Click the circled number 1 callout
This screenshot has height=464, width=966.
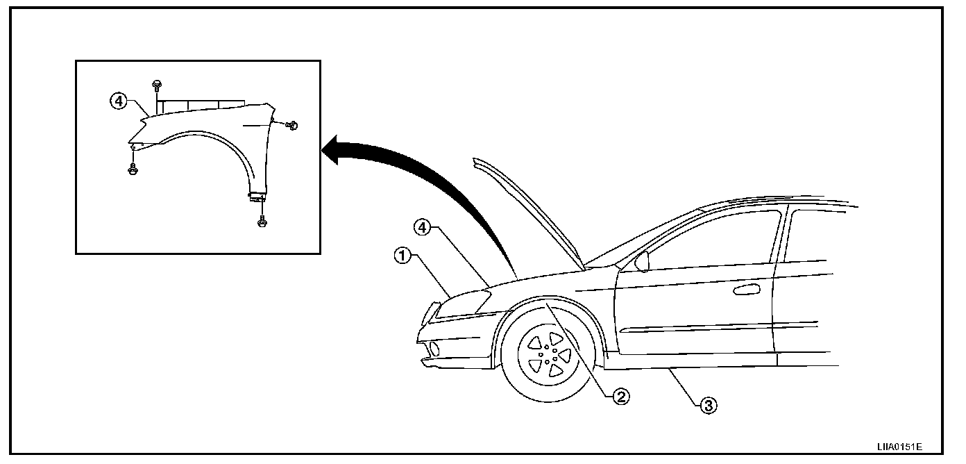401,256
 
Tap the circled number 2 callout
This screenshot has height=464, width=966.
620,397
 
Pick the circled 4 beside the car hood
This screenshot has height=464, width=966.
423,226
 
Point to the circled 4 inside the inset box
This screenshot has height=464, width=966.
118,101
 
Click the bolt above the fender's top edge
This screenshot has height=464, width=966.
157,85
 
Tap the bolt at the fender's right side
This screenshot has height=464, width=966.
292,126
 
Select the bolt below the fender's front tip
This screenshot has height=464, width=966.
133,168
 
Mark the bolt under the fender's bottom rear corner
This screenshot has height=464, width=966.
262,221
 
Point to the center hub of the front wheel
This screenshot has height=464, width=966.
548,351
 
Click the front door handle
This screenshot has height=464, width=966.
745,289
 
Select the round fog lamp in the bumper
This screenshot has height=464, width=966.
435,348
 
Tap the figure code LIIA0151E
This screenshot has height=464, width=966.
899,448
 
